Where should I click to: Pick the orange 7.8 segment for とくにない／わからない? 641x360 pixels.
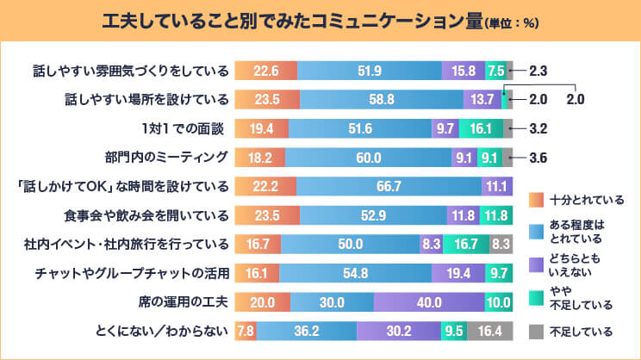[245, 331]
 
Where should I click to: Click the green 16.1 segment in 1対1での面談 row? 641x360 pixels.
[481, 128]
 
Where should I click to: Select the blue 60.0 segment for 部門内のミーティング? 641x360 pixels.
[369, 157]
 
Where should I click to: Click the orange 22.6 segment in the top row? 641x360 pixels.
[265, 71]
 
